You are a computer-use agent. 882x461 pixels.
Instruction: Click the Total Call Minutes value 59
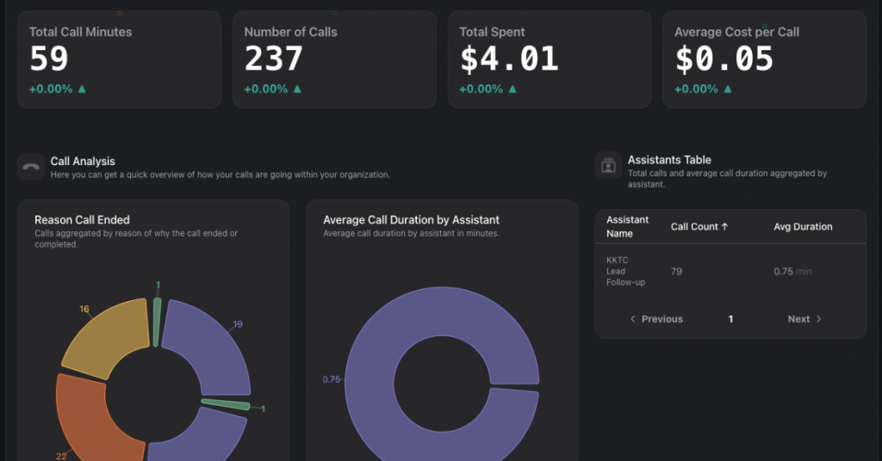[x=49, y=58]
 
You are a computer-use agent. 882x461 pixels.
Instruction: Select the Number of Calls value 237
[x=274, y=58]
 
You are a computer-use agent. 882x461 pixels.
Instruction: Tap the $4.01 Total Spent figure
[x=509, y=58]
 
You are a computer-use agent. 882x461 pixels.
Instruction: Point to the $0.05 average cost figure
[x=724, y=58]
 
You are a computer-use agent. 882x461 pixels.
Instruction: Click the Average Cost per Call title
[x=736, y=32]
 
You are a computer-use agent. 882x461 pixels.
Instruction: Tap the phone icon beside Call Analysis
[x=31, y=167]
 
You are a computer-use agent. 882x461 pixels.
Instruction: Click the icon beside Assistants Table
[x=608, y=165]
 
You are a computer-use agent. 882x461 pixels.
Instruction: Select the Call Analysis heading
[x=83, y=161]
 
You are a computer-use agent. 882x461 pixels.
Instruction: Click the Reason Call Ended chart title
[x=82, y=220]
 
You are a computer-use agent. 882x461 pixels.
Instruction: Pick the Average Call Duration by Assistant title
[x=411, y=220]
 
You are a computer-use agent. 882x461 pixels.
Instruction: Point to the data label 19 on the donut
[x=238, y=324]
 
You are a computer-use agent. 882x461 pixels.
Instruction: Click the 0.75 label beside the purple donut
[x=332, y=379]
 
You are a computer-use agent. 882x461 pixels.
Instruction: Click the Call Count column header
[x=699, y=227]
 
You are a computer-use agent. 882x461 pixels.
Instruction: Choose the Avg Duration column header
[x=803, y=227]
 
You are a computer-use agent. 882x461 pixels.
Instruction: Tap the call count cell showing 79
[x=677, y=272]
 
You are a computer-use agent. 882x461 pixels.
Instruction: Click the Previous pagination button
[x=656, y=319]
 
